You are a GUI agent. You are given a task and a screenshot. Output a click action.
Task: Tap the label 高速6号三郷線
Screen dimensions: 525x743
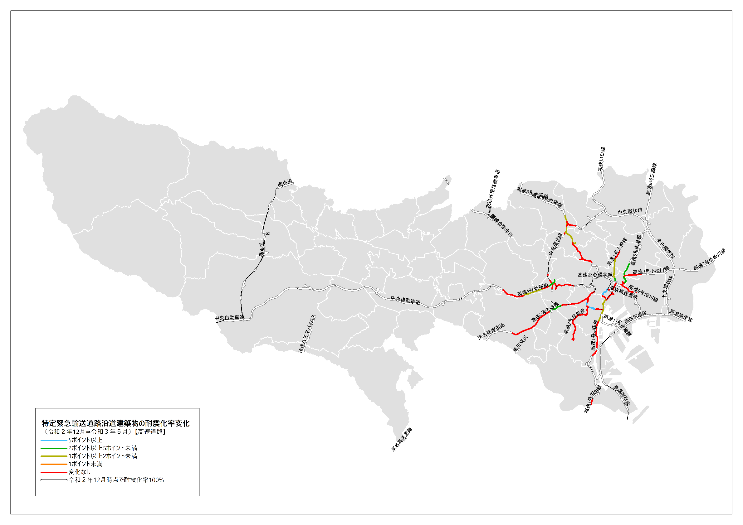pyautogui.click(x=651, y=178)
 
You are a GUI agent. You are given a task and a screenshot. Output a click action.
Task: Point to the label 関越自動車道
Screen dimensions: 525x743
pyautogui.click(x=501, y=225)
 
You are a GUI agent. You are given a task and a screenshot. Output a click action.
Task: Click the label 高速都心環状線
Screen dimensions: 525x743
pyautogui.click(x=595, y=275)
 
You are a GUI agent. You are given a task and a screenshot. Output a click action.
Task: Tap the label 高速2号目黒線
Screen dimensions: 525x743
pyautogui.click(x=574, y=321)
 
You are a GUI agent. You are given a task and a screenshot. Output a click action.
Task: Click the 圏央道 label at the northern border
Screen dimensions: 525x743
pyautogui.click(x=285, y=183)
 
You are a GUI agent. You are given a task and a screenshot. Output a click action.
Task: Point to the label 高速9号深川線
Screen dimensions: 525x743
pyautogui.click(x=643, y=293)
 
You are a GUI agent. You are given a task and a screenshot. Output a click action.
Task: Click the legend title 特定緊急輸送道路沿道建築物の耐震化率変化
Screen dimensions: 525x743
pyautogui.click(x=115, y=423)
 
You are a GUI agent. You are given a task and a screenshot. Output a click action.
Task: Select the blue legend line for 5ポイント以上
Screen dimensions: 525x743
pyautogui.click(x=54, y=440)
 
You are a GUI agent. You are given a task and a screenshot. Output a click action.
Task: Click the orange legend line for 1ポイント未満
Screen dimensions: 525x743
pyautogui.click(x=54, y=464)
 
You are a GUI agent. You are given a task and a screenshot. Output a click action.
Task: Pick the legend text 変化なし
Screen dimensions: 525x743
pyautogui.click(x=79, y=472)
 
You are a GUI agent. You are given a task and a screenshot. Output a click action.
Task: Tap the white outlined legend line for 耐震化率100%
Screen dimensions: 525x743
pyautogui.click(x=54, y=480)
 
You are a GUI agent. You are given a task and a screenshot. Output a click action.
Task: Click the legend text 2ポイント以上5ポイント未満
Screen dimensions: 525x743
pyautogui.click(x=103, y=448)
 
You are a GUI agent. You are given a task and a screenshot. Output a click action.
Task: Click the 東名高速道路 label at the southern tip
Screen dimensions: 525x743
pyautogui.click(x=402, y=440)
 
